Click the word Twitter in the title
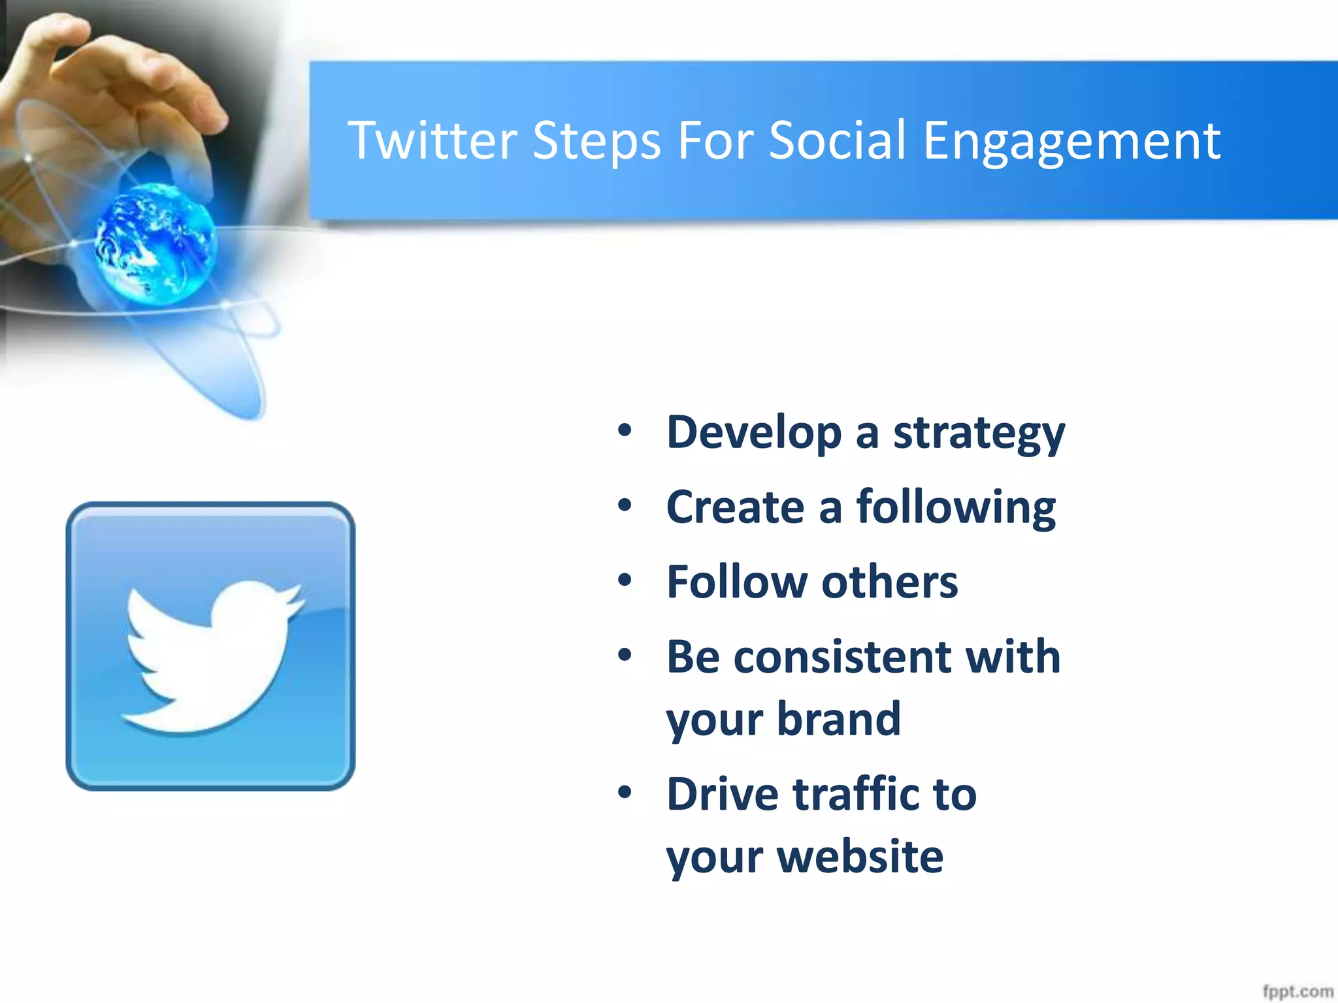432,140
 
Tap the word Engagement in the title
1071,142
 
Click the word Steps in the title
596,142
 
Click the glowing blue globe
155,244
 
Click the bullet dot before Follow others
625,580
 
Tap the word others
889,582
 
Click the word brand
839,719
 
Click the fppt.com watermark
1297,991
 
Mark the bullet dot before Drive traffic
625,792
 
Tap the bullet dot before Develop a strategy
625,430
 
